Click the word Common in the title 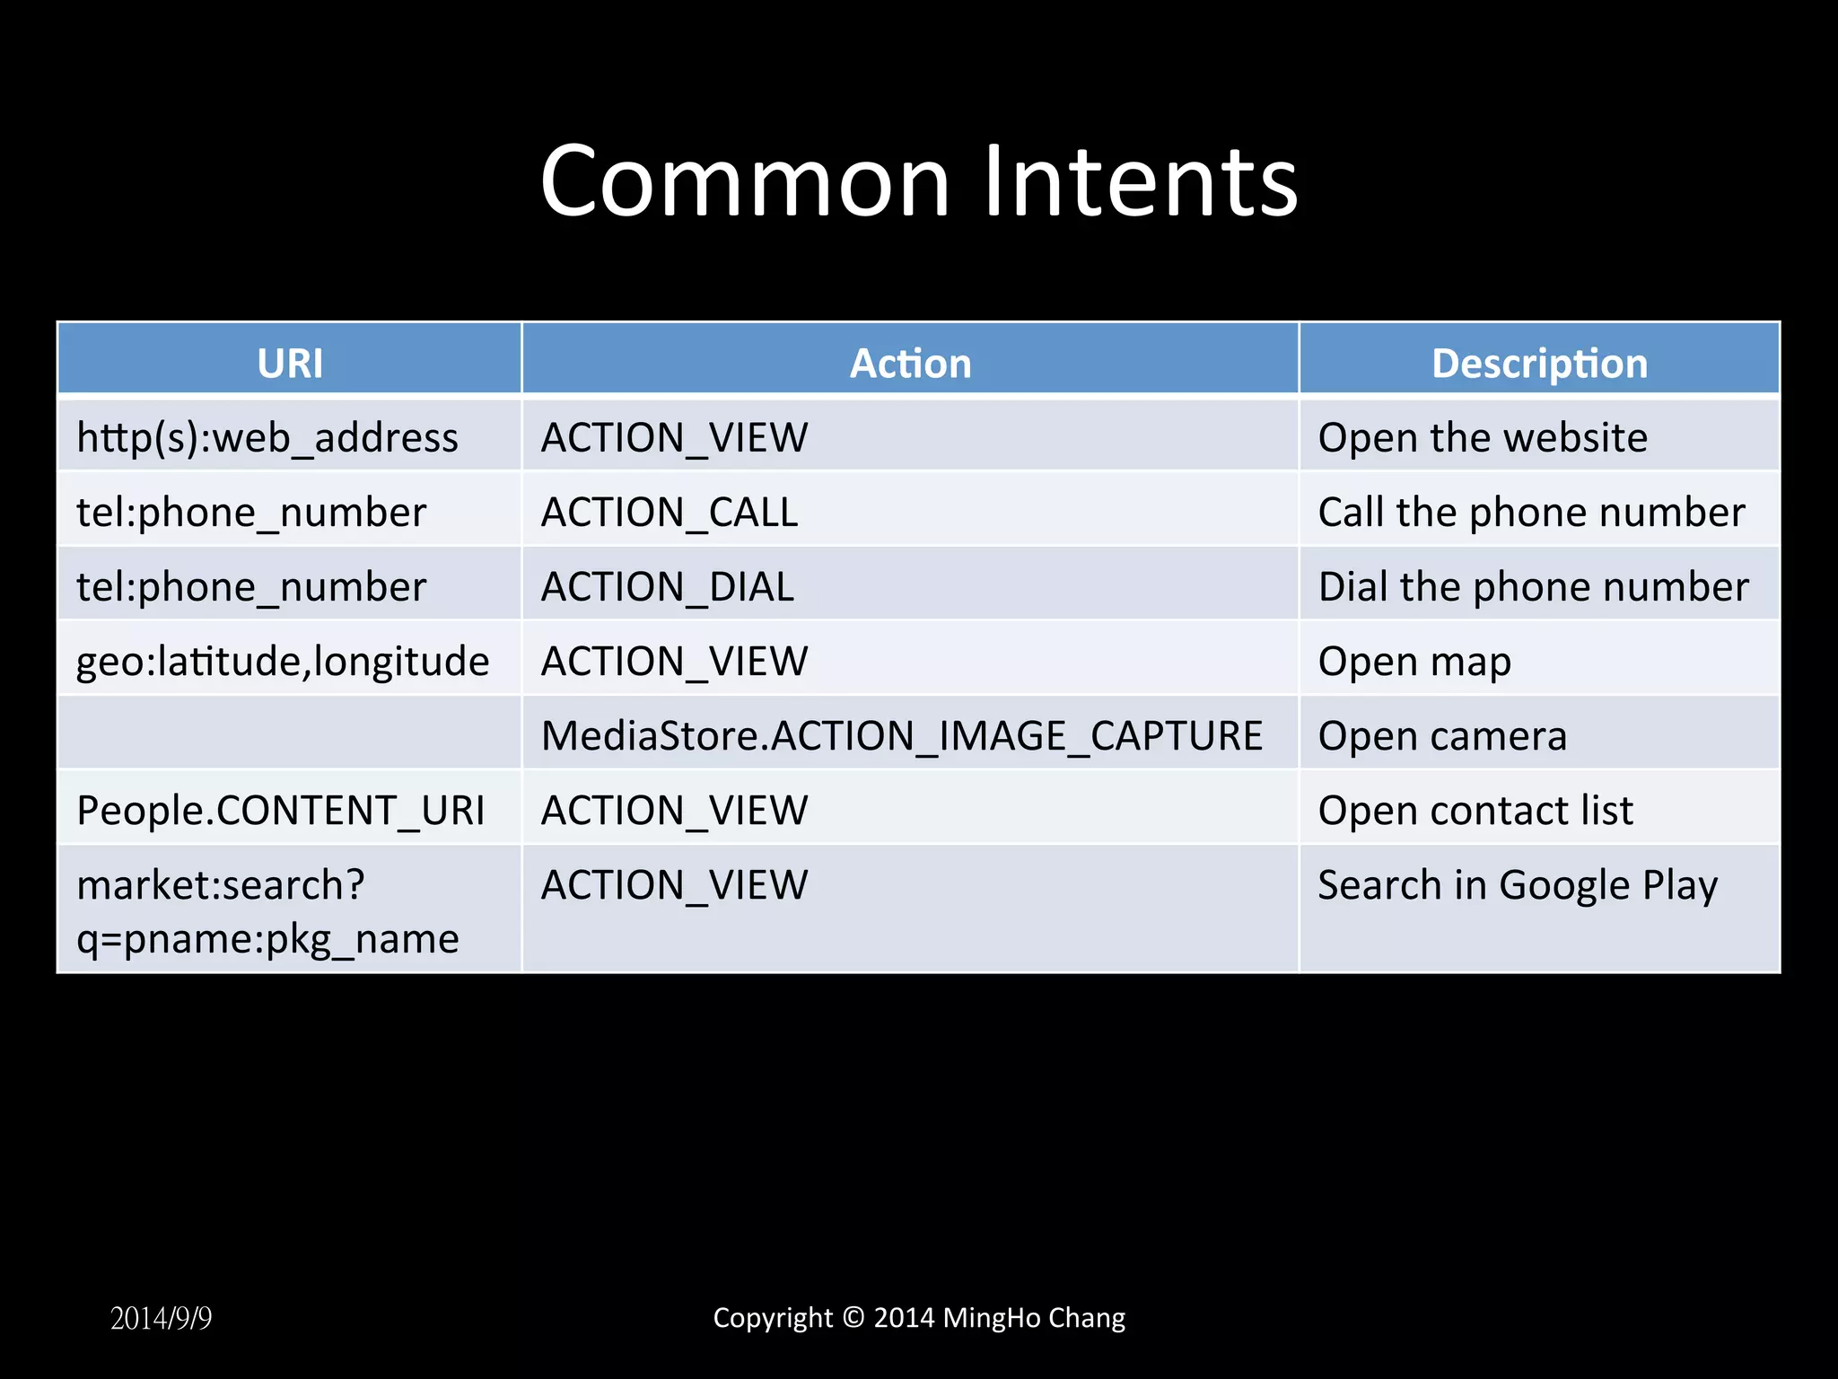pos(745,182)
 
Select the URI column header pos(290,364)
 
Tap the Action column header pos(910,364)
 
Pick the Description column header pos(1539,364)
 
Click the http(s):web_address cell pos(267,438)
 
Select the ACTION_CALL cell pos(670,513)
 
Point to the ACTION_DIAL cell pos(668,587)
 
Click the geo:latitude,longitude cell pos(283,662)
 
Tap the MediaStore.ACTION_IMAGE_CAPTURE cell pos(902,736)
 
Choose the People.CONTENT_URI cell pos(281,811)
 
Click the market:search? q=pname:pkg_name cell pos(267,911)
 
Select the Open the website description pos(1483,438)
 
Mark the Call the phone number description pos(1531,513)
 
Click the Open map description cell pos(1414,662)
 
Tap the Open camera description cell pos(1442,736)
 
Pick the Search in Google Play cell pos(1518,885)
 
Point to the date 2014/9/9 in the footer pos(162,1318)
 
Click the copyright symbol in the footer pos(853,1317)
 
